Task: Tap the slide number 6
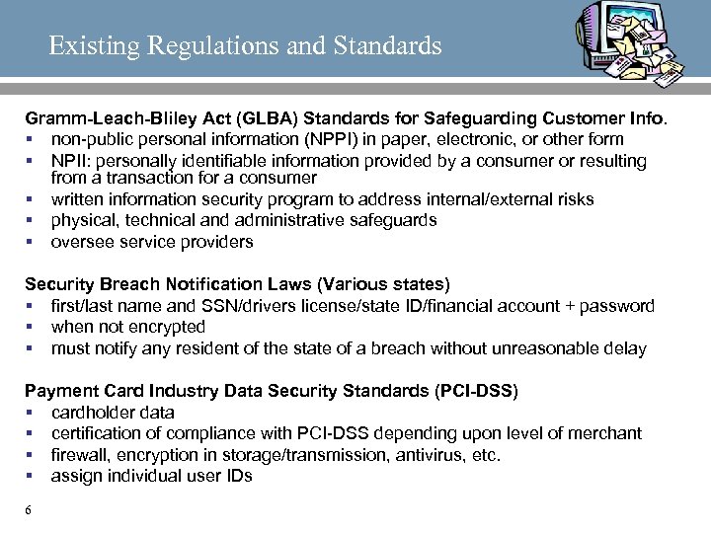pos(29,510)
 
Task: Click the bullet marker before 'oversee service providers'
pos(31,242)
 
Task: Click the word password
pos(618,306)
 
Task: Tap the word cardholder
pos(92,412)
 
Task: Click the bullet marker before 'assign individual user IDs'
pos(31,476)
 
